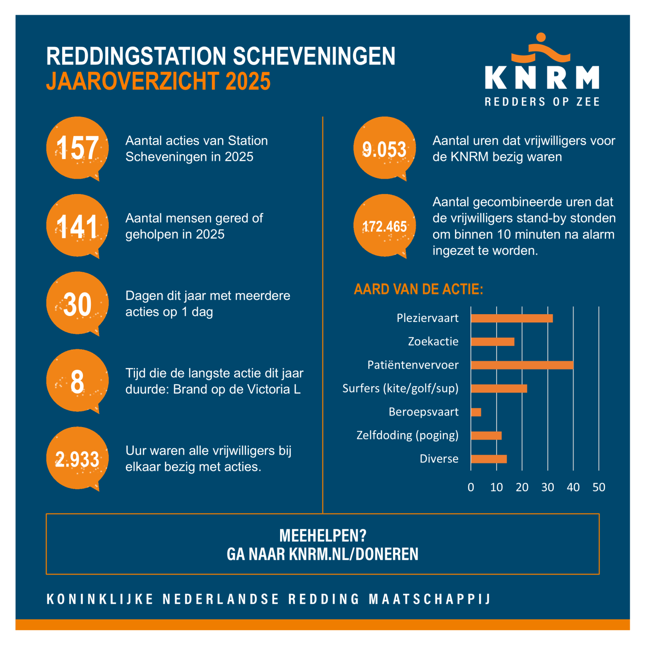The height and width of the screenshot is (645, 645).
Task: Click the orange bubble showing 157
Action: (77, 148)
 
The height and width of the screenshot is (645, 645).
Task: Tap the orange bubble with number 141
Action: (77, 226)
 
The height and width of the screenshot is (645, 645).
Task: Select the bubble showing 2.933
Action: (77, 458)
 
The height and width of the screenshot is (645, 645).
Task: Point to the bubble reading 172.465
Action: (385, 226)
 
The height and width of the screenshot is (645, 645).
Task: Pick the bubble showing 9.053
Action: (385, 148)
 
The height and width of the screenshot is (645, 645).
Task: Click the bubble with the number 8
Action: (77, 381)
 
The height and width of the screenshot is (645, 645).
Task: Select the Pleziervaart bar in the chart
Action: (511, 318)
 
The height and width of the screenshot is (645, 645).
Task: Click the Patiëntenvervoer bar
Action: (522, 365)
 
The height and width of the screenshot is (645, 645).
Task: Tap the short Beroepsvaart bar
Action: (476, 412)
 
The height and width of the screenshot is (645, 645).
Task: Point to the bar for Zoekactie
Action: (493, 342)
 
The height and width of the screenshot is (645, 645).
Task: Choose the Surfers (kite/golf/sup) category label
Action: (400, 388)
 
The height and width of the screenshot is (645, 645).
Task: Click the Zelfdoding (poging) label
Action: (407, 435)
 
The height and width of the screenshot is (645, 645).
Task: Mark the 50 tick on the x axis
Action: (598, 487)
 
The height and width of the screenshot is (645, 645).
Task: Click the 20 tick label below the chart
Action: (522, 487)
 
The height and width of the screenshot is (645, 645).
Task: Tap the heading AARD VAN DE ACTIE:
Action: (418, 289)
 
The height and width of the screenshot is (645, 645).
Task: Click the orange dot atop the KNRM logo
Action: (541, 37)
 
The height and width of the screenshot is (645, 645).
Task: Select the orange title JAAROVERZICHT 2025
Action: (158, 82)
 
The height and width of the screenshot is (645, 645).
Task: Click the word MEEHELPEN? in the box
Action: (322, 535)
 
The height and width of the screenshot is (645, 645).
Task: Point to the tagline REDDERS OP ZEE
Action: (542, 102)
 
